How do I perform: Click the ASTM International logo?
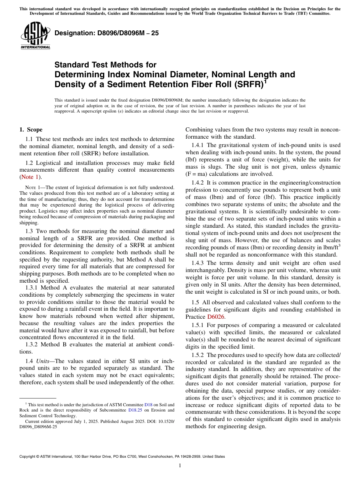(x=35, y=36)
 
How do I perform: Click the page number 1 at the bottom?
(x=180, y=466)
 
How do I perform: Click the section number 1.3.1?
(x=32, y=288)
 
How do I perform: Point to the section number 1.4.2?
(x=198, y=183)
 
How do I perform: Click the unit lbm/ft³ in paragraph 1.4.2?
(x=330, y=248)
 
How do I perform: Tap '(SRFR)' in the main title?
(x=246, y=84)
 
